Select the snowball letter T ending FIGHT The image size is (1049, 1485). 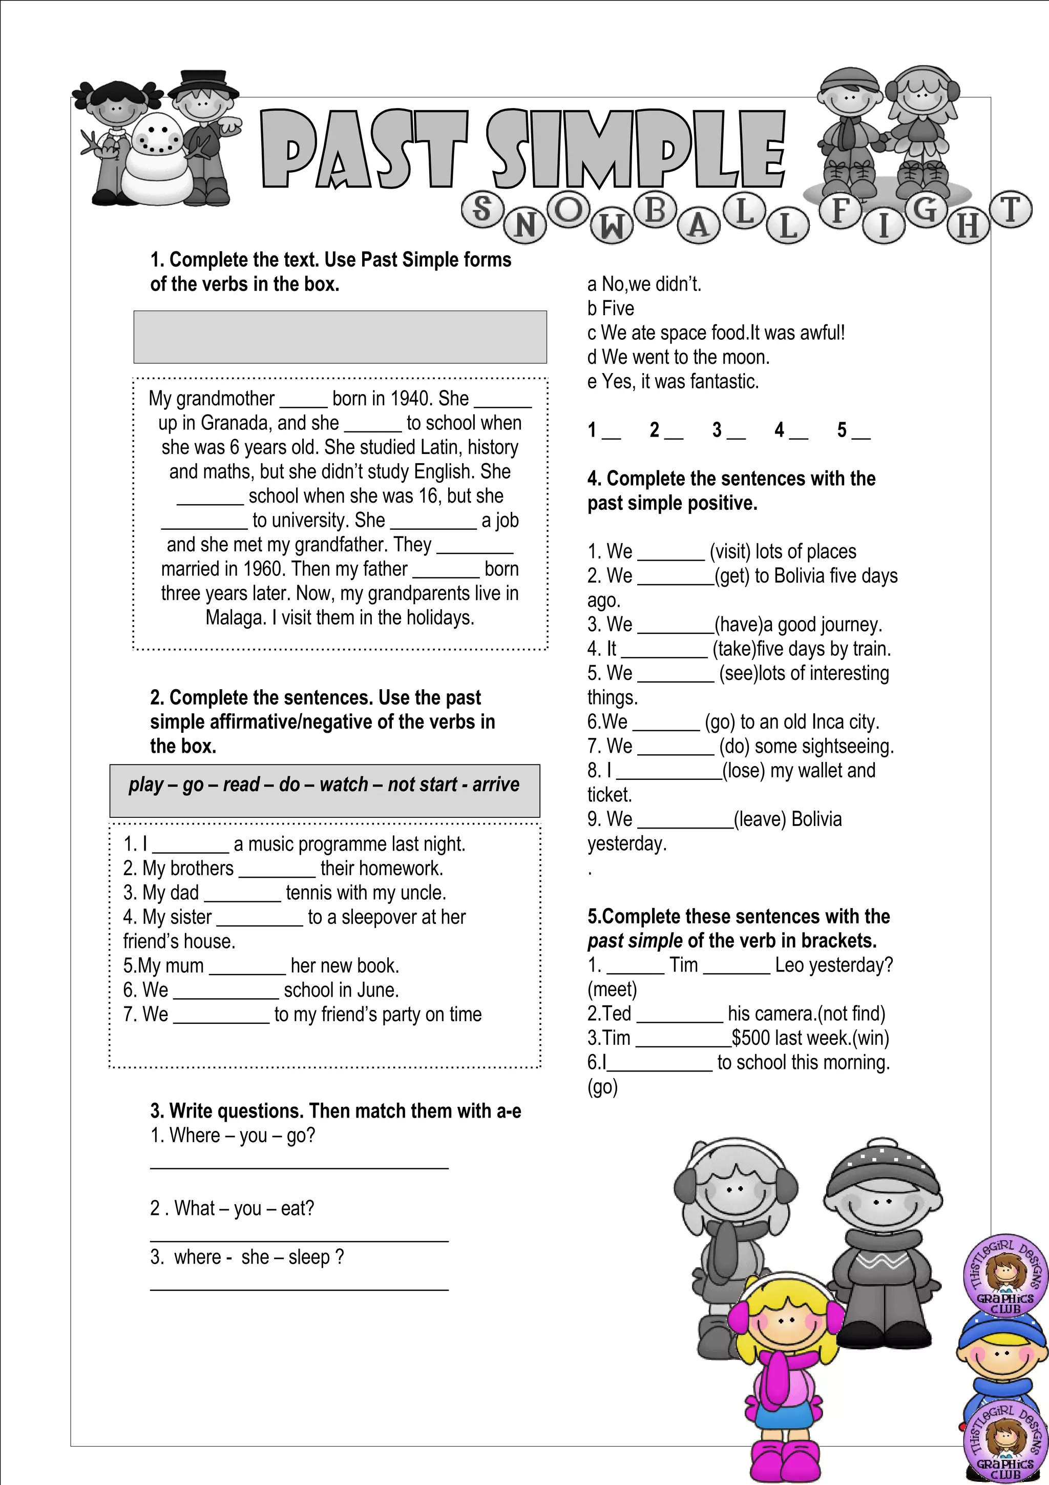point(1010,210)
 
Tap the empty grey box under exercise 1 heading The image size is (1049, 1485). point(340,337)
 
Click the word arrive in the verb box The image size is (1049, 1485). point(496,785)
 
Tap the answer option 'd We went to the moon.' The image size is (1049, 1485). point(679,357)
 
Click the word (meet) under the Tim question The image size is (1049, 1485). point(612,989)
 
